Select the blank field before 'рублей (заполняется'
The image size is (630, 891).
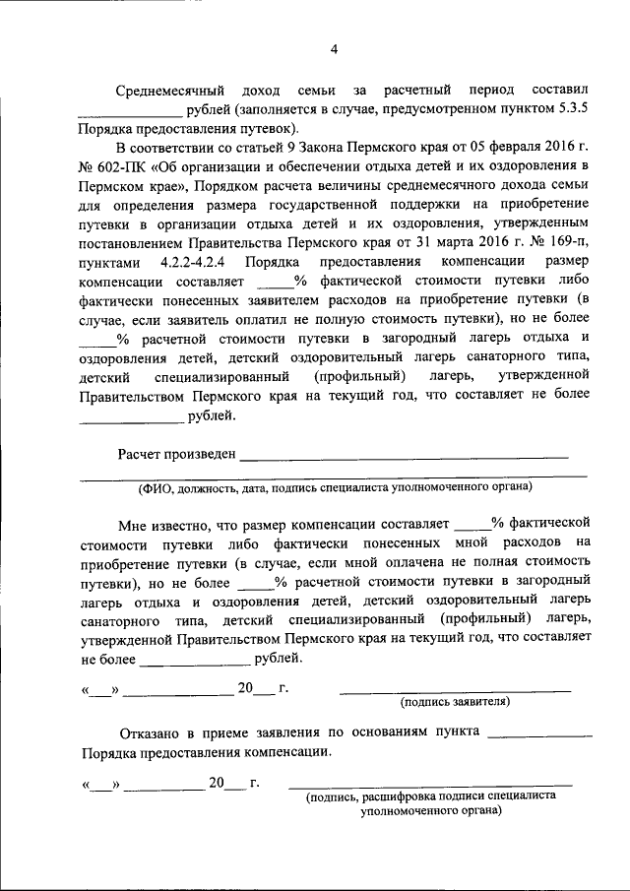[130, 110]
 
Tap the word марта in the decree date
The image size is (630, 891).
[452, 240]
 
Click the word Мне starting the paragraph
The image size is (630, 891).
[132, 523]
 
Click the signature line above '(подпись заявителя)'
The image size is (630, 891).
[455, 691]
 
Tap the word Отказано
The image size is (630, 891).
[152, 732]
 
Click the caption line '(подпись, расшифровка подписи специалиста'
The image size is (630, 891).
[429, 797]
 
